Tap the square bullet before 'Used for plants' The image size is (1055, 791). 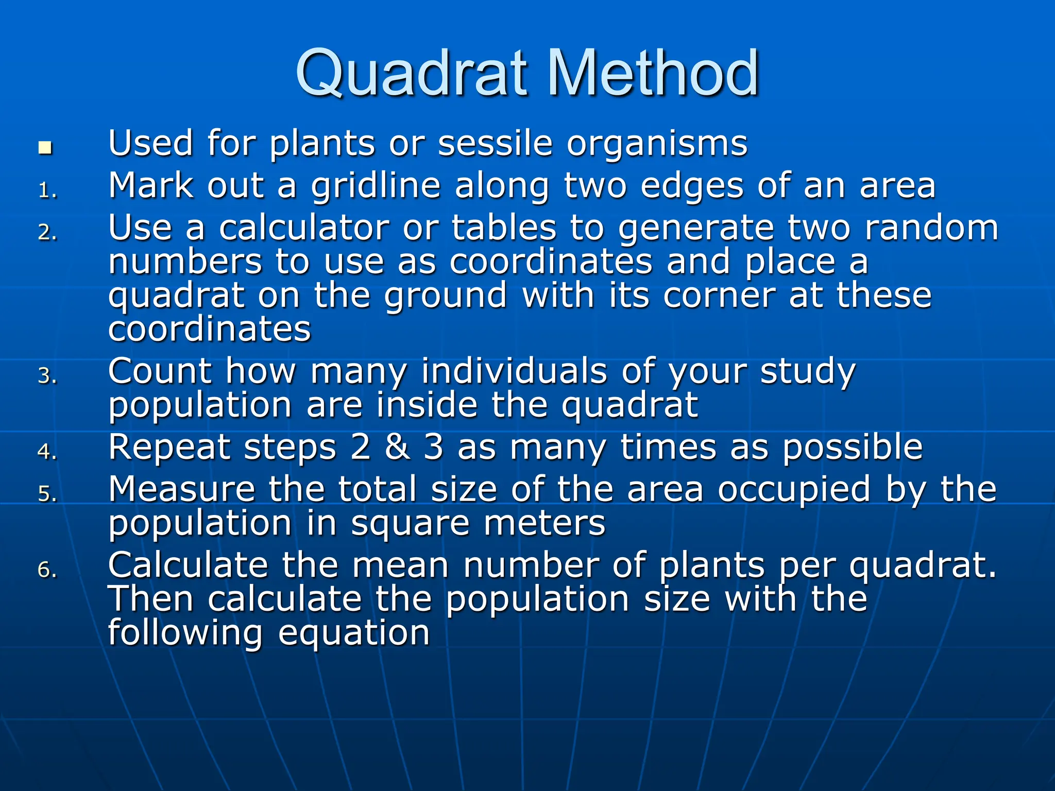(x=45, y=148)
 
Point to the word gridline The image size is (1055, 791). (x=376, y=186)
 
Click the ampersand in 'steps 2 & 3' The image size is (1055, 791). (x=397, y=447)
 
